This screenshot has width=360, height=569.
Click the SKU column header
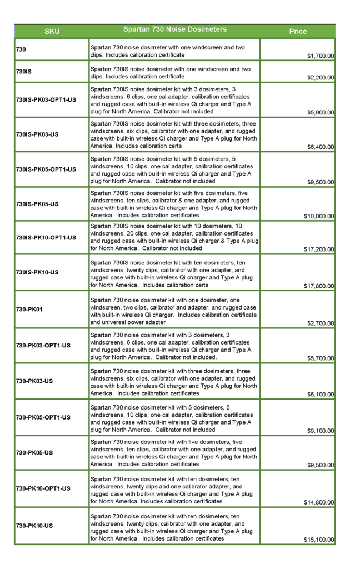52,32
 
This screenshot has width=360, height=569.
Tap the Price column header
298,32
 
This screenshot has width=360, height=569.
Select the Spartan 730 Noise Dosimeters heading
175,29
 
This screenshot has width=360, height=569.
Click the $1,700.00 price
321,56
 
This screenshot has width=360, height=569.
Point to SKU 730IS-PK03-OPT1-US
46,100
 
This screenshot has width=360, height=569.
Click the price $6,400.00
321,147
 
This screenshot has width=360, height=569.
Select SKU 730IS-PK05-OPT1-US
46,169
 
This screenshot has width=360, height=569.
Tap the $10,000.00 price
319,217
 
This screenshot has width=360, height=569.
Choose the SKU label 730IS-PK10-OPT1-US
46,238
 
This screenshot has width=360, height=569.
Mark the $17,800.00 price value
319,286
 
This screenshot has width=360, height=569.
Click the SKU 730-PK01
29,309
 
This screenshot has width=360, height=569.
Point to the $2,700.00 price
321,323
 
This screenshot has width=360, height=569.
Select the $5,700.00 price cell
321,358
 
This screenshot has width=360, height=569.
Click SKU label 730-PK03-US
34,381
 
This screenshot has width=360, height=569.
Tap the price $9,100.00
321,431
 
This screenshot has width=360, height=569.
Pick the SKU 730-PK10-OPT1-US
43,488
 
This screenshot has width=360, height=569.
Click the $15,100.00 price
319,540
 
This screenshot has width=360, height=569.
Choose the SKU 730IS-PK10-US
37,272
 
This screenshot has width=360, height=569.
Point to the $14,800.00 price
319,503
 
